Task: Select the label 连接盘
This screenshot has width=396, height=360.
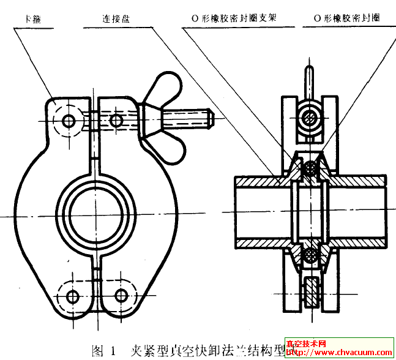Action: coord(117,18)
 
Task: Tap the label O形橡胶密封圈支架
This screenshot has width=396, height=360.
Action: coord(230,18)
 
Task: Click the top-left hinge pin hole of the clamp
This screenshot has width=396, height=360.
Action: coord(68,120)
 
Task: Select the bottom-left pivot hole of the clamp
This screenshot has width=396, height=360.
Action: coord(72,297)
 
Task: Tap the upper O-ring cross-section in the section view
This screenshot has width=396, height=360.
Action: coord(311,167)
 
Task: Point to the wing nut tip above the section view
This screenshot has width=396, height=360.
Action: coord(311,77)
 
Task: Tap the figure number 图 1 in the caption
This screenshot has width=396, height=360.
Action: coord(104,351)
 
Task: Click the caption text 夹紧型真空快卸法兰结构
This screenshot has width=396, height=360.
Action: coord(202,351)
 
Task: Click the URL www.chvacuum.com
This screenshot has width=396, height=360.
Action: coord(346,353)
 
